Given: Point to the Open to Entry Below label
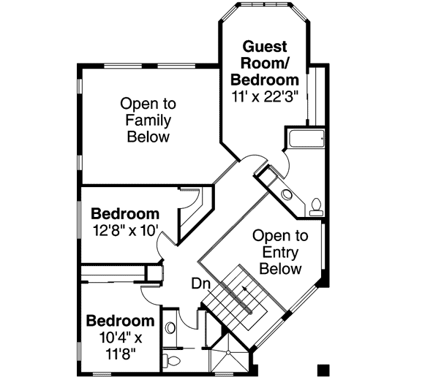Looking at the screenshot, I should pyautogui.click(x=277, y=252).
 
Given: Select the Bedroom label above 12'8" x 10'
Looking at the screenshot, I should pyautogui.click(x=125, y=214).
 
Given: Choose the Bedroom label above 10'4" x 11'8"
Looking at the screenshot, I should pyautogui.click(x=121, y=321).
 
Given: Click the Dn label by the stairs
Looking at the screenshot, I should pyautogui.click(x=203, y=283).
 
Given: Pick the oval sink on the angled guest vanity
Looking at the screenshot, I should pyautogui.click(x=287, y=194).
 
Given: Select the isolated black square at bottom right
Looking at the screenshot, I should pyautogui.click(x=323, y=367).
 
